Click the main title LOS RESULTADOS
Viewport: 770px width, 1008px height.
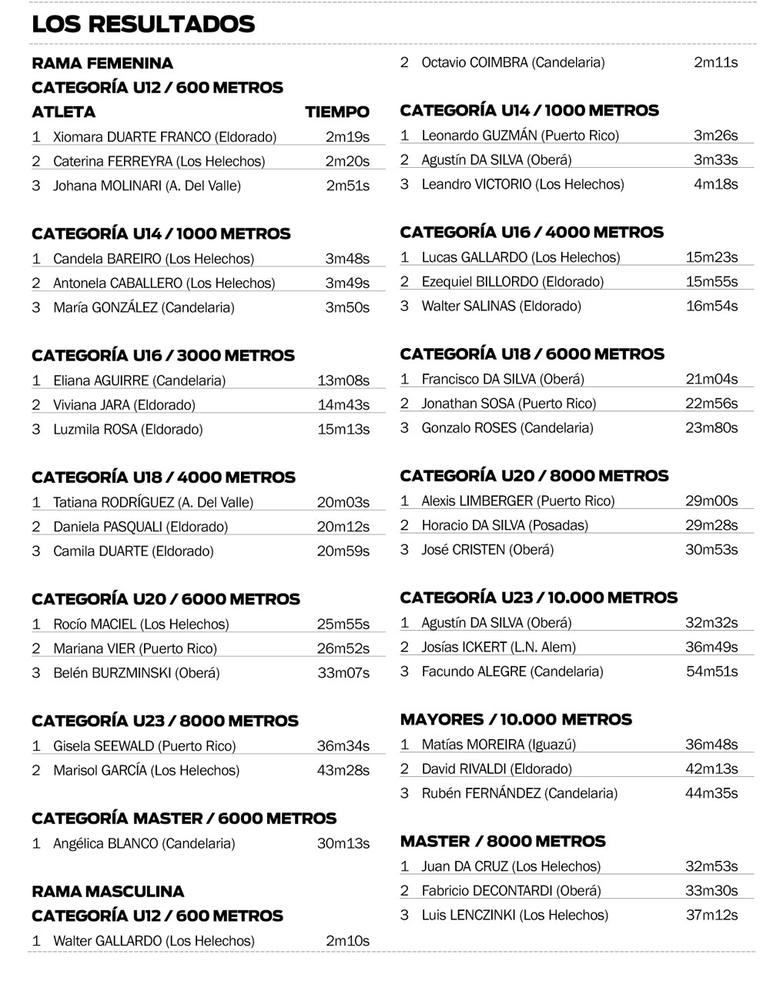143,24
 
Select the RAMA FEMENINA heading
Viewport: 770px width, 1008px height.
102,63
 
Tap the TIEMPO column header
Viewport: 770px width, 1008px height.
336,112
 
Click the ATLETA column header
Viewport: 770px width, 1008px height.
64,112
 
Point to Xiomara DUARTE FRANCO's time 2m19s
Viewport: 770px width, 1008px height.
347,137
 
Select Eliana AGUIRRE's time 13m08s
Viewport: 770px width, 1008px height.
343,380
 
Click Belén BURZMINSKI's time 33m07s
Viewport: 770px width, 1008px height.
343,673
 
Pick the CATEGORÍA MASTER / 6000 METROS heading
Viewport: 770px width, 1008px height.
184,818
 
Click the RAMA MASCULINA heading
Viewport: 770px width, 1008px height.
108,892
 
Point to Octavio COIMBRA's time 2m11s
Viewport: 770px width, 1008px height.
715,62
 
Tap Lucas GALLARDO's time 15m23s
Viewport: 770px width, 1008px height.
711,257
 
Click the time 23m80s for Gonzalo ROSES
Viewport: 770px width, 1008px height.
711,427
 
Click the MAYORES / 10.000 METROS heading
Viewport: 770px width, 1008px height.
516,719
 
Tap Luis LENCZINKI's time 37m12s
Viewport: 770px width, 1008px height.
711,915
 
